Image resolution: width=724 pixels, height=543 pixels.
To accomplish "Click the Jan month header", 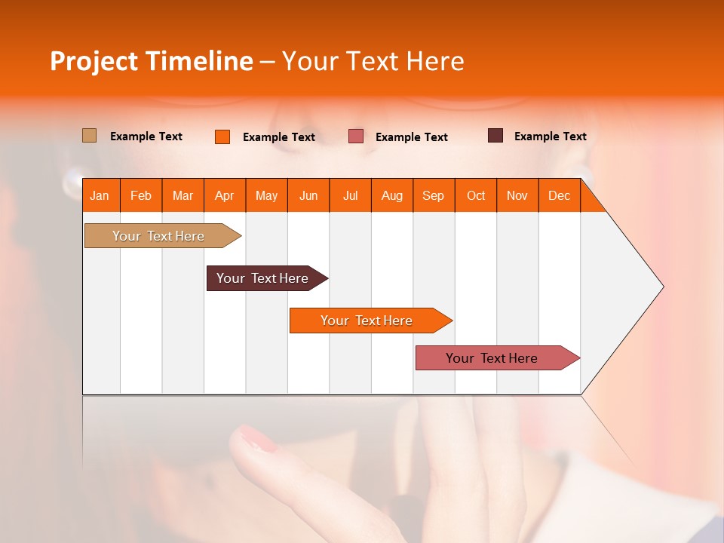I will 100,195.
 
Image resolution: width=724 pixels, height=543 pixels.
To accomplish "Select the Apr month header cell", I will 225,195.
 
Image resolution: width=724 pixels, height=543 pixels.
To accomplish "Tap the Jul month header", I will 351,195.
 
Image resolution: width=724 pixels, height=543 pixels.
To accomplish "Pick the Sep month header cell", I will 434,195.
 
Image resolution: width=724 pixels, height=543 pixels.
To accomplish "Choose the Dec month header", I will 559,195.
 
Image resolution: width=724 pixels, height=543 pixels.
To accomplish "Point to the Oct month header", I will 476,195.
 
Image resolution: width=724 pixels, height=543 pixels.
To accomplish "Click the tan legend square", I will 90,136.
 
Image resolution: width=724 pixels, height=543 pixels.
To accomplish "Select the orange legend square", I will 222,137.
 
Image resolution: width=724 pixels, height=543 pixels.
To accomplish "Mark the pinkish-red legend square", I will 356,137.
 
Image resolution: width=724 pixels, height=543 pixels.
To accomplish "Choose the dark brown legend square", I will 495,136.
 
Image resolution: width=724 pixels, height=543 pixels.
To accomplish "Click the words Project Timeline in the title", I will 152,61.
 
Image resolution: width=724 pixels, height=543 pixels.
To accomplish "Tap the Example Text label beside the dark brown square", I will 550,137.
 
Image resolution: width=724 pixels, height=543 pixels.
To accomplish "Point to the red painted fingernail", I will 258,439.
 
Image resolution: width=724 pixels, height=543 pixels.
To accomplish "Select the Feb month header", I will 141,195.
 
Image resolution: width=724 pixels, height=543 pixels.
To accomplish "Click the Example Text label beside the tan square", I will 146,137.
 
